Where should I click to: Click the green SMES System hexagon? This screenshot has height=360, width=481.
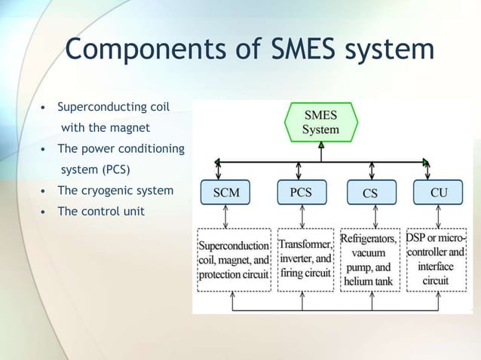tap(320, 122)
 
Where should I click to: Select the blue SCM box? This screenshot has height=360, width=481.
tap(225, 193)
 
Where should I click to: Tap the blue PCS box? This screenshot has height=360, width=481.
tap(301, 193)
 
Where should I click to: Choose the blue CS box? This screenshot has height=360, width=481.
tap(369, 193)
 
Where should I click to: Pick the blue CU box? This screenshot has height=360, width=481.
tap(438, 193)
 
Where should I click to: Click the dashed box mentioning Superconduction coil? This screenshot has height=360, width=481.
tap(234, 260)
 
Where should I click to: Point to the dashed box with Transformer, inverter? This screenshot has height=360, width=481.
tap(305, 260)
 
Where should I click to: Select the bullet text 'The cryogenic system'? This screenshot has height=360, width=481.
tap(115, 191)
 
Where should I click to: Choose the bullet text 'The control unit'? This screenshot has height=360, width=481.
tap(101, 211)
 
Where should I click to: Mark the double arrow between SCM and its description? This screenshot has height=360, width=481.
tap(226, 216)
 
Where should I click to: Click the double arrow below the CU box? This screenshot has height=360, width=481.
tap(437, 216)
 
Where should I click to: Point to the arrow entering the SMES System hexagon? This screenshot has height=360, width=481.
tap(321, 150)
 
